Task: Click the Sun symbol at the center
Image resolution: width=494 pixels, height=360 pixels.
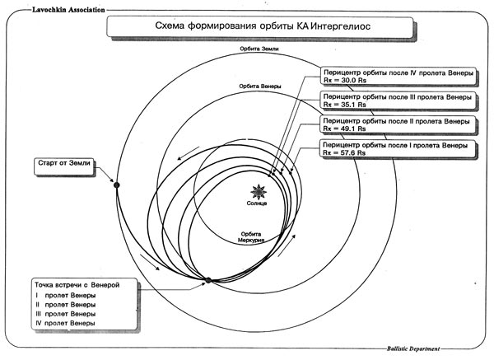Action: click(x=259, y=192)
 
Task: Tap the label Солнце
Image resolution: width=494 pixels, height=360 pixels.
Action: click(x=257, y=203)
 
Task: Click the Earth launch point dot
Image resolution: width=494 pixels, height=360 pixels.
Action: click(x=117, y=185)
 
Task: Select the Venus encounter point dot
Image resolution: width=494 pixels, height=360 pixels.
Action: click(x=208, y=280)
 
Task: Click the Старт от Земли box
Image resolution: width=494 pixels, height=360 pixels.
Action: click(x=64, y=166)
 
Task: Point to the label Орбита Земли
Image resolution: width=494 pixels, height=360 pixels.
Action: click(x=259, y=49)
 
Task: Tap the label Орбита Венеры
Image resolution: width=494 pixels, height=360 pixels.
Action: click(x=260, y=86)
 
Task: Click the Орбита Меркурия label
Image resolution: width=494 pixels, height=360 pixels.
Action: click(x=251, y=237)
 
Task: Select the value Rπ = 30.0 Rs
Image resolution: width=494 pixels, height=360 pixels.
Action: click(x=345, y=81)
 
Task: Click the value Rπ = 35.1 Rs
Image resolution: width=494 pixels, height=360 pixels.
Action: click(x=344, y=105)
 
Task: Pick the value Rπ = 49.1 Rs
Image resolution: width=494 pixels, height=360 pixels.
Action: click(x=344, y=129)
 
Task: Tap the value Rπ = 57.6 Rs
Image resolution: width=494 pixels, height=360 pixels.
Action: click(x=344, y=153)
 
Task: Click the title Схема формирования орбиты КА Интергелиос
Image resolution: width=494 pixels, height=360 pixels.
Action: click(x=263, y=26)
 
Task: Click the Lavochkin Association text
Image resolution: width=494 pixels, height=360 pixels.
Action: click(x=68, y=10)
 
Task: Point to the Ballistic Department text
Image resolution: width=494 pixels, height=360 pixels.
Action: click(x=413, y=348)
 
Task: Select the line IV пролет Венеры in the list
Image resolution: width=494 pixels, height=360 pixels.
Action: click(x=65, y=323)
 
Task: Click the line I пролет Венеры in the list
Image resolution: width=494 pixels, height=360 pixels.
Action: click(x=66, y=296)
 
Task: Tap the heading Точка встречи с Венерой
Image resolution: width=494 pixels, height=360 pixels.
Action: click(x=77, y=285)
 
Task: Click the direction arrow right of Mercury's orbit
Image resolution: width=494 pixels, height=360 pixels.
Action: click(x=287, y=245)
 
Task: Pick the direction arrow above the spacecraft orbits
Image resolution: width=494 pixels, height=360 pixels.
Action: click(x=188, y=153)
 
